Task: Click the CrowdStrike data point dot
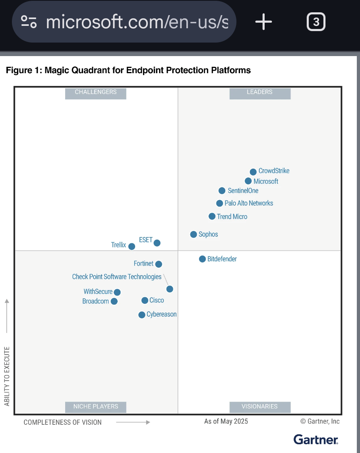coord(253,172)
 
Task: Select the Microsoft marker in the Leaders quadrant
coord(248,181)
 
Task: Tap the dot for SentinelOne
coord(222,191)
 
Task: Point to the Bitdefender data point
coord(202,259)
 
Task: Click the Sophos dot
coord(194,234)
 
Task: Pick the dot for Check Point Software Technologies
coord(170,289)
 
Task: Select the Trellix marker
coord(132,247)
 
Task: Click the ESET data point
coord(157,243)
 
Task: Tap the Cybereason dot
coord(142,315)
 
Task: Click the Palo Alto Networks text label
coord(249,203)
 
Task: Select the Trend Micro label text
coord(232,217)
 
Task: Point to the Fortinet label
coord(143,263)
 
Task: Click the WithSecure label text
coord(98,292)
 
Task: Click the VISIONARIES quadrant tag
coord(260,407)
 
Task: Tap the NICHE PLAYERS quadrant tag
coord(95,407)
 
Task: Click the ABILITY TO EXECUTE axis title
coord(7,376)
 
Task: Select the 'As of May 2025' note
coord(226,421)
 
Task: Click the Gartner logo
coord(316,439)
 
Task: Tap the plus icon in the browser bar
coord(263,22)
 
